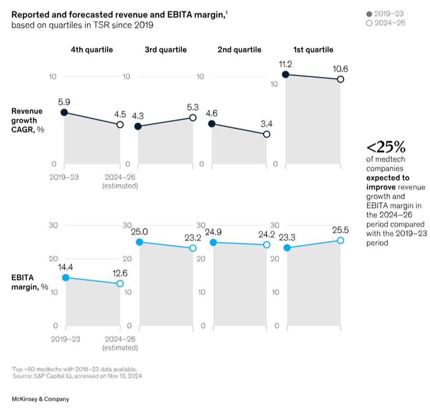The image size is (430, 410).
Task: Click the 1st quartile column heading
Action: (313, 50)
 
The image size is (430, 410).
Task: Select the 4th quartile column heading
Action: (92, 50)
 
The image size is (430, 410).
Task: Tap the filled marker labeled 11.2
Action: (286, 75)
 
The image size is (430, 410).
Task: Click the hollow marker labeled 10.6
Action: (340, 79)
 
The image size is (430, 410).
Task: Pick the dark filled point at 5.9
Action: (64, 112)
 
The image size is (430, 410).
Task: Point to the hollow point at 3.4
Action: (267, 134)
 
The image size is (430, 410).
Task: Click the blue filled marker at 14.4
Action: (65, 277)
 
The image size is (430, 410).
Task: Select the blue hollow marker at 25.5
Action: (340, 240)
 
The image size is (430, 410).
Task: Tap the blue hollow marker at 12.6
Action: (120, 283)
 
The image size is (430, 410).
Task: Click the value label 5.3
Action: (193, 107)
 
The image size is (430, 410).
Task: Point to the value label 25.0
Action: (140, 232)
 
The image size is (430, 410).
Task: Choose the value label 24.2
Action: (267, 234)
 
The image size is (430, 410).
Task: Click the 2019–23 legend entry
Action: (385, 14)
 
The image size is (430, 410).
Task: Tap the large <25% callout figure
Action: (386, 147)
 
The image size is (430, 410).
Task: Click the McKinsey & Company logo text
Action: (41, 399)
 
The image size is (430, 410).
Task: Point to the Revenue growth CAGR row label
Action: (28, 120)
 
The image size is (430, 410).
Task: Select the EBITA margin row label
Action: (30, 282)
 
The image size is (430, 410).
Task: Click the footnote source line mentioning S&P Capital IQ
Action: (77, 376)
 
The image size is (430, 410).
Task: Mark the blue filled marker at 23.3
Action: (287, 248)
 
